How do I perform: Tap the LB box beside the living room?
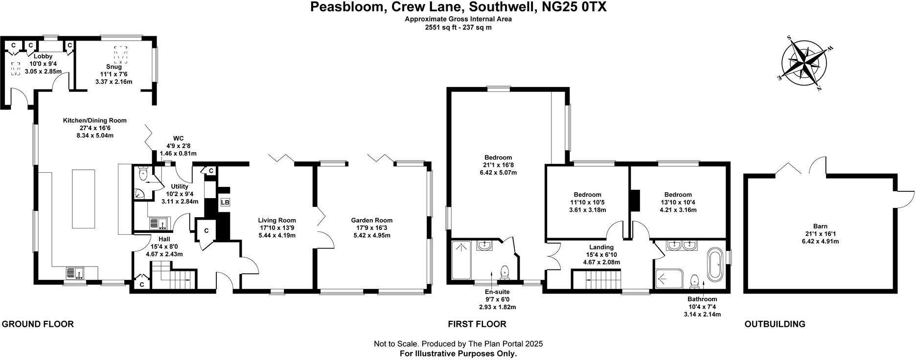point(225,202)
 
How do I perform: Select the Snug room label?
point(114,67)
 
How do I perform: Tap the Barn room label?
point(820,226)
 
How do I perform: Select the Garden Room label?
point(372,221)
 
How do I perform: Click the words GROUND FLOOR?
point(38,324)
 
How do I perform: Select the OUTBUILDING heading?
point(775,324)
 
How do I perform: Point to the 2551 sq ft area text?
point(458,27)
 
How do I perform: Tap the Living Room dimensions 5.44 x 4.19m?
point(277,235)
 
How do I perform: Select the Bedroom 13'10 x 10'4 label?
point(678,195)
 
